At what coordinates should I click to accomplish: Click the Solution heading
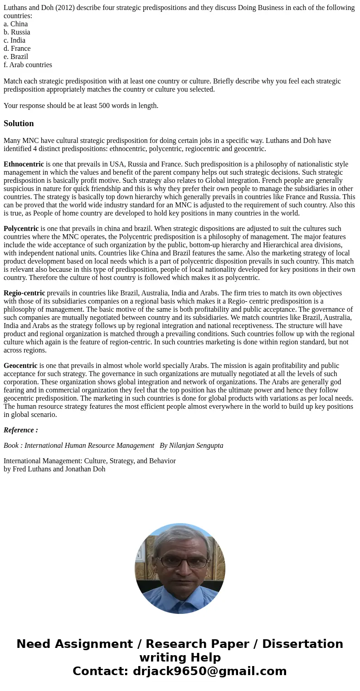point(19,123)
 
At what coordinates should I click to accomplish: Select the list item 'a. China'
point(16,24)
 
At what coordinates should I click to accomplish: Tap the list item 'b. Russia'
point(17,32)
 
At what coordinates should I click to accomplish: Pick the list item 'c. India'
point(15,40)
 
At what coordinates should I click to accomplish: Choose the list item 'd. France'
point(17,49)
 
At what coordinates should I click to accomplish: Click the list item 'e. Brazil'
point(16,57)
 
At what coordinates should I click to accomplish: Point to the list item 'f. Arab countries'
point(28,65)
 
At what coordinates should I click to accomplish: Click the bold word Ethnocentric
point(24,164)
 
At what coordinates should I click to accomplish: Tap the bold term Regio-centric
point(24,293)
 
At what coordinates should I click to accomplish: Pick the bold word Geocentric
point(20,366)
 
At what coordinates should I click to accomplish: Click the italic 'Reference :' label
point(21,430)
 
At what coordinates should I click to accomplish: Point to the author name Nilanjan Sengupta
point(196,446)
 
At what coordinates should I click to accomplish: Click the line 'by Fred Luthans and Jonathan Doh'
point(54,469)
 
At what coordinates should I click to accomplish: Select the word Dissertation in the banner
point(302,644)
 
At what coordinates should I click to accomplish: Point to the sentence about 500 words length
point(81,106)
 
